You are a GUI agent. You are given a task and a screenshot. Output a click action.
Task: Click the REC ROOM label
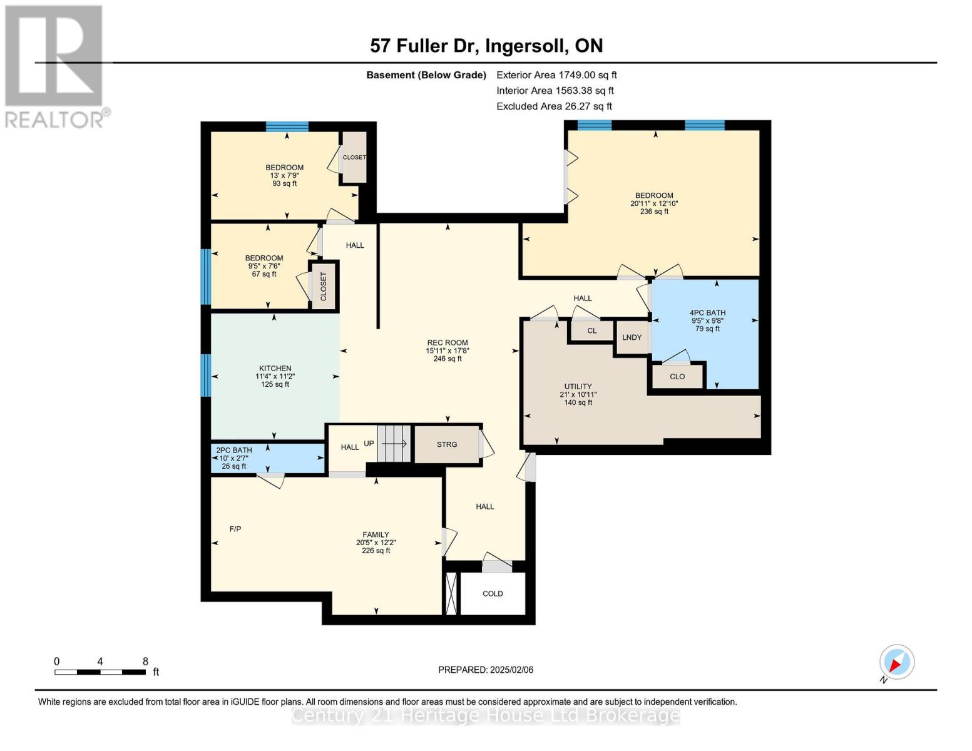tap(448, 342)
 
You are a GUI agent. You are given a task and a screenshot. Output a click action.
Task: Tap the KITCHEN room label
tap(275, 369)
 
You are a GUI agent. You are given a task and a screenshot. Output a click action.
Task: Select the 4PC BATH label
tap(707, 313)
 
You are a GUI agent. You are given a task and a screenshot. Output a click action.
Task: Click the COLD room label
tap(493, 593)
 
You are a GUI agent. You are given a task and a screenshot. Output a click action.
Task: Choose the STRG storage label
tap(447, 444)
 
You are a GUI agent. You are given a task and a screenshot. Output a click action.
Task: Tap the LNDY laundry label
tap(632, 337)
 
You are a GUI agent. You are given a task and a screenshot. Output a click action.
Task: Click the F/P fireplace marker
tap(235, 529)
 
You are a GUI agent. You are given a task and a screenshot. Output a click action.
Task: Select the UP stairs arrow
tap(394, 444)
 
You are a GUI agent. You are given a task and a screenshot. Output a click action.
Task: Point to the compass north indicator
tap(896, 663)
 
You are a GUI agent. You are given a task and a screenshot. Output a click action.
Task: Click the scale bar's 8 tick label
tap(145, 662)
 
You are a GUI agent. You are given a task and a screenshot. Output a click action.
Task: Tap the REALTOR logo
tap(54, 66)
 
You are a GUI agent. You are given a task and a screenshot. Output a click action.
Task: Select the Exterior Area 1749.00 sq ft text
tap(556, 75)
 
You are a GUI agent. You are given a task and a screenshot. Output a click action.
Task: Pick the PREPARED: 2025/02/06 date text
tap(486, 670)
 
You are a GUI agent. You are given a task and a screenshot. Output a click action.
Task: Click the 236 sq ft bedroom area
tap(654, 212)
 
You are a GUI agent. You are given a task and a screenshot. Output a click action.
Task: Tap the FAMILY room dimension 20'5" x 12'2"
tap(376, 543)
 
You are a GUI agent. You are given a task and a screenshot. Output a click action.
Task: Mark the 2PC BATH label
tap(234, 450)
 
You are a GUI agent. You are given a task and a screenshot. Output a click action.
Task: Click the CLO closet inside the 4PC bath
tap(677, 377)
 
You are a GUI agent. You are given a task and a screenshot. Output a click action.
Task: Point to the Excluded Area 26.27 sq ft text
tap(554, 106)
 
